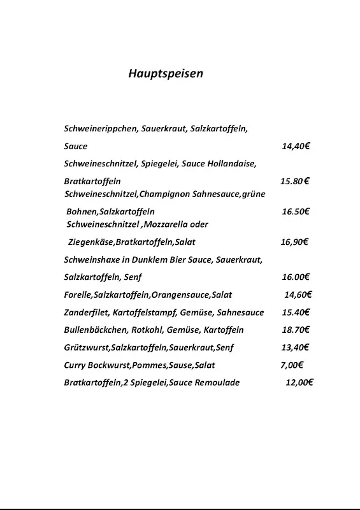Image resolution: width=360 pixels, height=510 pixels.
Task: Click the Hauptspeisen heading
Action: click(x=166, y=73)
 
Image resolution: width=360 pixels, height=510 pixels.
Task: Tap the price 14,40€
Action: click(x=296, y=146)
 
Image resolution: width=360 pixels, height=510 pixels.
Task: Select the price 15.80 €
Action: click(x=295, y=181)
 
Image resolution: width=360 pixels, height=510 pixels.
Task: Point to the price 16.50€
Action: click(x=296, y=211)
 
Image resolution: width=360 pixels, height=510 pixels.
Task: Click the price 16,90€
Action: click(x=294, y=242)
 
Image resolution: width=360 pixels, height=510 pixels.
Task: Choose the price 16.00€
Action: click(x=296, y=277)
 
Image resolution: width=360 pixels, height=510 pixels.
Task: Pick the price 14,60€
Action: click(x=298, y=295)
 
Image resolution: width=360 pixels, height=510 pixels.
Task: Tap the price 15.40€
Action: click(x=296, y=312)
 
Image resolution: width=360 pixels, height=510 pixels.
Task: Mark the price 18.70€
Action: click(x=296, y=330)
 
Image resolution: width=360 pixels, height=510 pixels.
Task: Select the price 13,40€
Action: click(x=295, y=347)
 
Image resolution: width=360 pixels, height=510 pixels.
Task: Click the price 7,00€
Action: click(x=292, y=365)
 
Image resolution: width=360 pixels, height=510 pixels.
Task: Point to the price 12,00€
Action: click(x=299, y=382)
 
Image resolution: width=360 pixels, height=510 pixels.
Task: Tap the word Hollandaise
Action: click(x=232, y=164)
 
